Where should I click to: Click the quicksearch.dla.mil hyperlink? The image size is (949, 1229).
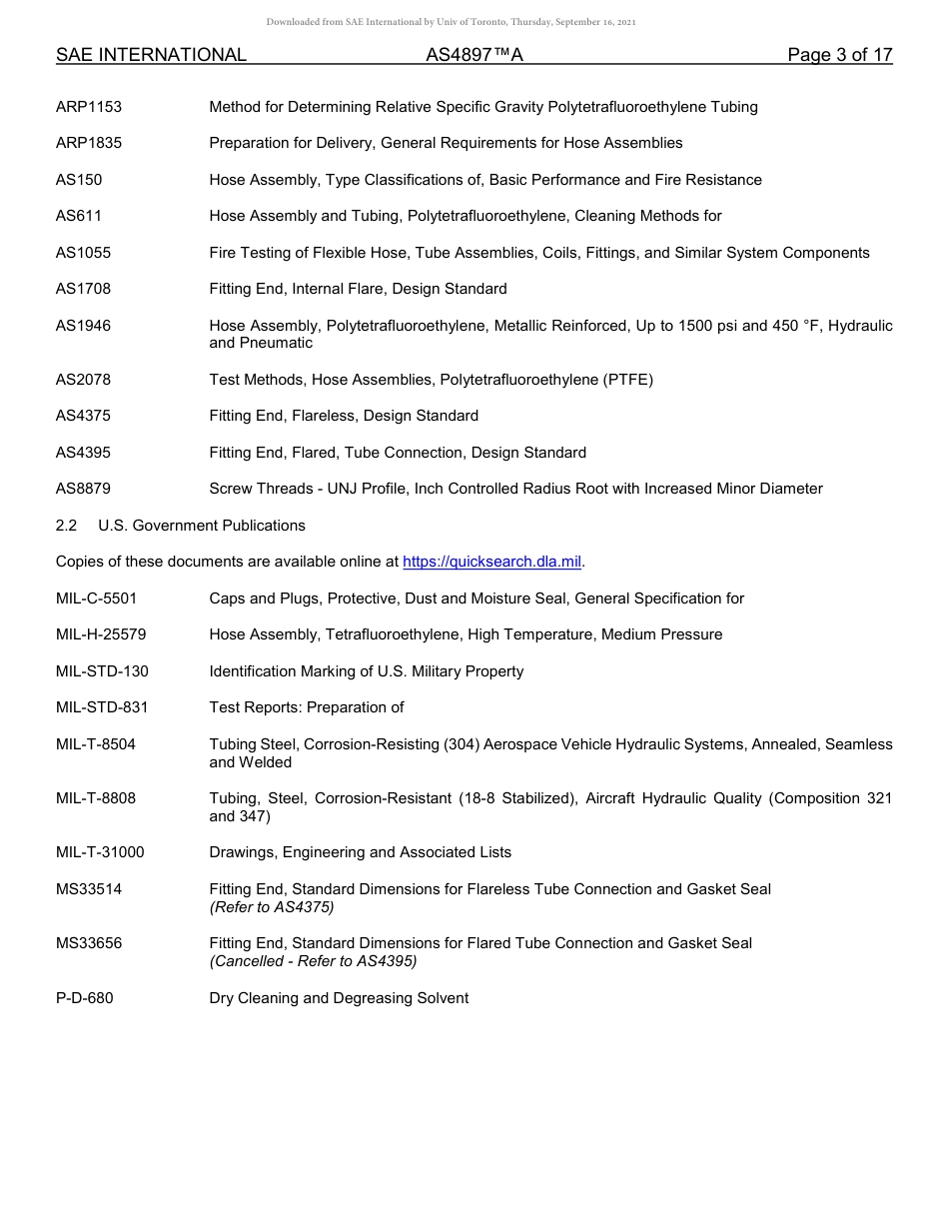pyautogui.click(x=491, y=562)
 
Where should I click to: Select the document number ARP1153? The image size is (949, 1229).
pyautogui.click(x=89, y=107)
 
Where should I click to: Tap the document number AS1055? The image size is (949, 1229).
pyautogui.click(x=84, y=253)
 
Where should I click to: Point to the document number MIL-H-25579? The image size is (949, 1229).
pyautogui.click(x=101, y=634)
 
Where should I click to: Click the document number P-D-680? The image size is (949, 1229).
pyautogui.click(x=85, y=998)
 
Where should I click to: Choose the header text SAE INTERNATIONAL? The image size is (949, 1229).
pyautogui.click(x=151, y=56)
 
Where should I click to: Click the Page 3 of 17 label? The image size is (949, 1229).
pyautogui.click(x=839, y=56)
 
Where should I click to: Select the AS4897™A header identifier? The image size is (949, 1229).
pyautogui.click(x=474, y=56)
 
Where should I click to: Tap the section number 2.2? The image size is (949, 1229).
pyautogui.click(x=66, y=526)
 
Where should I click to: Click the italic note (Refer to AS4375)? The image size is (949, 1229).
pyautogui.click(x=272, y=907)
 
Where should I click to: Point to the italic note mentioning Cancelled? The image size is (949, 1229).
pyautogui.click(x=313, y=961)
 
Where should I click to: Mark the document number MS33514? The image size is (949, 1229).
pyautogui.click(x=89, y=889)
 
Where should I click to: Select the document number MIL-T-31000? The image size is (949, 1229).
pyautogui.click(x=100, y=852)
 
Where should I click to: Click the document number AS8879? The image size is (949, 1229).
pyautogui.click(x=84, y=489)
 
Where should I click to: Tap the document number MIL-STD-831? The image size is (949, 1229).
pyautogui.click(x=102, y=707)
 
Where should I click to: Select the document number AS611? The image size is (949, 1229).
pyautogui.click(x=79, y=216)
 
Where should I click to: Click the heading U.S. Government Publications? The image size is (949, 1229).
pyautogui.click(x=202, y=526)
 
